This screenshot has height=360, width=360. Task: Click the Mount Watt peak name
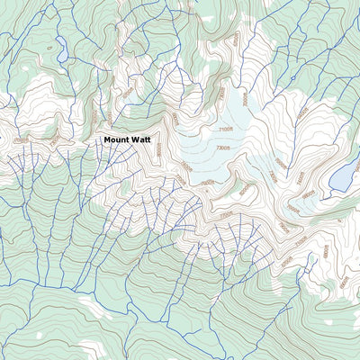click(x=129, y=139)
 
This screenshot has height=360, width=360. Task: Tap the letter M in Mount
click(x=107, y=139)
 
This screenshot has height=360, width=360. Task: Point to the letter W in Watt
click(x=136, y=139)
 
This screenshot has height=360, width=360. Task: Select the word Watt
click(x=143, y=139)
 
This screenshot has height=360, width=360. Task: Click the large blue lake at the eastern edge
click(x=343, y=176)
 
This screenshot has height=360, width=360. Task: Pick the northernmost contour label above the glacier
click(x=236, y=40)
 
